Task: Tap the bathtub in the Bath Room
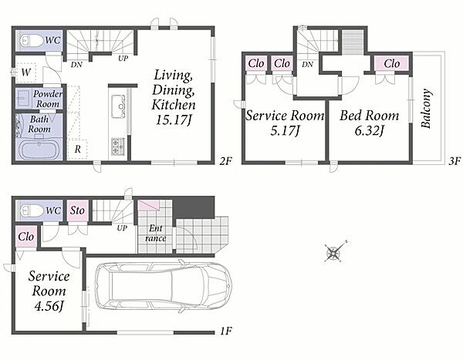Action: point(39,149)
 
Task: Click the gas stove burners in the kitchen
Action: point(118,146)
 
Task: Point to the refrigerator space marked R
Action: point(77,149)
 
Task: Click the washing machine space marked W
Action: point(26,72)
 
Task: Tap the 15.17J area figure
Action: point(174,119)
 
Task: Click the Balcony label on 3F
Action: point(427,109)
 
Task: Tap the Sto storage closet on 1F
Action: point(78,210)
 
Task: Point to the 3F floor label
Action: point(455,161)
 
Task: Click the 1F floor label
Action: point(226,331)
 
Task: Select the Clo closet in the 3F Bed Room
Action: point(391,64)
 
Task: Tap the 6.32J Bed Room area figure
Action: point(369,130)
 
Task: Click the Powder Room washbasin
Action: point(22,98)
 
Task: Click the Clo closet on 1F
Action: point(26,237)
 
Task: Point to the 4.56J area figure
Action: point(49,306)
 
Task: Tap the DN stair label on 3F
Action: point(307,64)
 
